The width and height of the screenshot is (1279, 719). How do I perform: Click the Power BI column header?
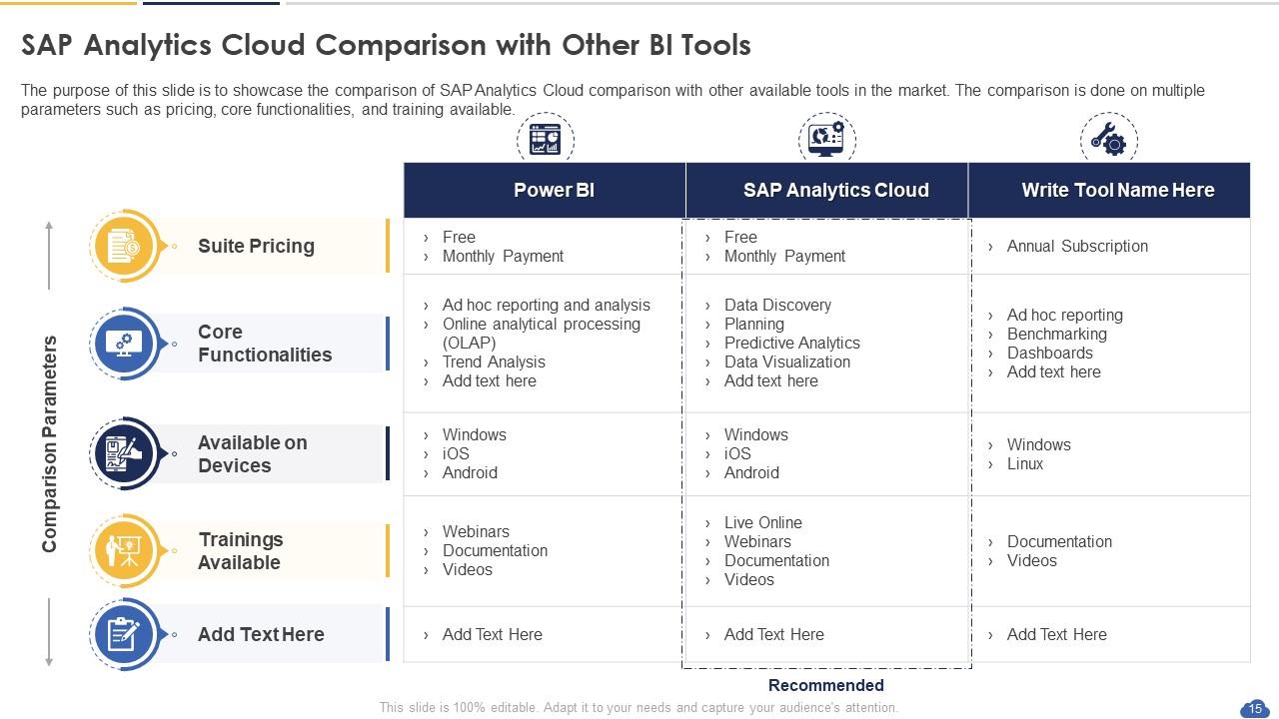pyautogui.click(x=554, y=190)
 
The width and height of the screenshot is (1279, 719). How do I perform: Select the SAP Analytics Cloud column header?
pyautogui.click(x=835, y=190)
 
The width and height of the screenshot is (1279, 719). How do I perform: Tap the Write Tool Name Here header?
pyautogui.click(x=1117, y=190)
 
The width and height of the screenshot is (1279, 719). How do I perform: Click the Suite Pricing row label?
pyautogui.click(x=256, y=246)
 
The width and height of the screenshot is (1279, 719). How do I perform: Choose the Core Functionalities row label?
pyautogui.click(x=264, y=343)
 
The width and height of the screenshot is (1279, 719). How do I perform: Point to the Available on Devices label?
pyautogui.click(x=252, y=453)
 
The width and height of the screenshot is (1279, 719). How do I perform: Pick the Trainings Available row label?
pyautogui.click(x=240, y=550)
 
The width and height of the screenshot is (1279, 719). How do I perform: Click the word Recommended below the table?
pyautogui.click(x=825, y=685)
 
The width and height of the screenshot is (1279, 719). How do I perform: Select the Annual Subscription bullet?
pyautogui.click(x=1076, y=246)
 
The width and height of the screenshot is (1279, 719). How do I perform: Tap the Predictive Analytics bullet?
pyautogui.click(x=791, y=343)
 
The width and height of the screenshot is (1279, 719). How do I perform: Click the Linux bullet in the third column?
pyautogui.click(x=1024, y=463)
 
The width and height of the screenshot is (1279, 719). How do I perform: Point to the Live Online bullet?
pyautogui.click(x=762, y=522)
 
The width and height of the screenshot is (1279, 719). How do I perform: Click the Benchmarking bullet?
pyautogui.click(x=1056, y=334)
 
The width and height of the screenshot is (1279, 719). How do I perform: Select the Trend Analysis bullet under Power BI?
pyautogui.click(x=494, y=361)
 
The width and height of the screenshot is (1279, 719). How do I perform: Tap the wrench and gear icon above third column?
pyautogui.click(x=1108, y=139)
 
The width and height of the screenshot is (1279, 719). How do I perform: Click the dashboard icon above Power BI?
pyautogui.click(x=546, y=139)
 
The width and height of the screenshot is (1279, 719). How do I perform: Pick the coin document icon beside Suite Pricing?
pyautogui.click(x=124, y=246)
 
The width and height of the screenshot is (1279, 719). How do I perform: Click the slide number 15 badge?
pyautogui.click(x=1254, y=708)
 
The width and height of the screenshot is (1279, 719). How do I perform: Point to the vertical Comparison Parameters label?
pyautogui.click(x=50, y=443)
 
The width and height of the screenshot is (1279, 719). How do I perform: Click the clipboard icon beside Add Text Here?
pyautogui.click(x=124, y=634)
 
